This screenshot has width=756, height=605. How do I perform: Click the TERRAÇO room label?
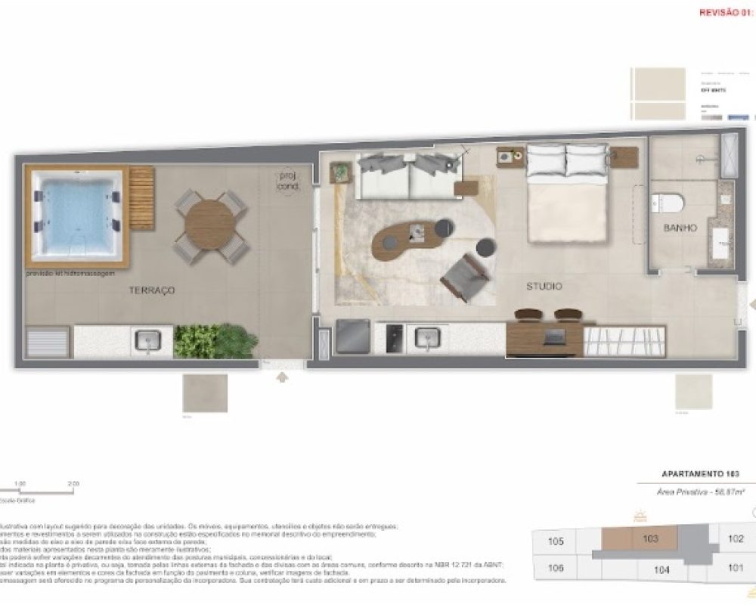point(152,290)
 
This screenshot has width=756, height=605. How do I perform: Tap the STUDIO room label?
point(544,286)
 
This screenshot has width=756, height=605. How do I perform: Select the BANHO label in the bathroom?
point(680,228)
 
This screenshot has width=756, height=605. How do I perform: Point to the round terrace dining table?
point(209,225)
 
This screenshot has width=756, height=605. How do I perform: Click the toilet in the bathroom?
point(668,203)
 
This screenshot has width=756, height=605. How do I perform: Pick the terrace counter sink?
point(147,341)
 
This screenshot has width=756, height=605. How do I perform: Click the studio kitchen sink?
point(428,338)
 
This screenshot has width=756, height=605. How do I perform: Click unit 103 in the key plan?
point(649,538)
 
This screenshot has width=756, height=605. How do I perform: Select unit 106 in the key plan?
point(556,568)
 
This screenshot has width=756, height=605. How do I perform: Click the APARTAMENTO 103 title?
point(699,474)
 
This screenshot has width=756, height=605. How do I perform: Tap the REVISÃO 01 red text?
point(727,13)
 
